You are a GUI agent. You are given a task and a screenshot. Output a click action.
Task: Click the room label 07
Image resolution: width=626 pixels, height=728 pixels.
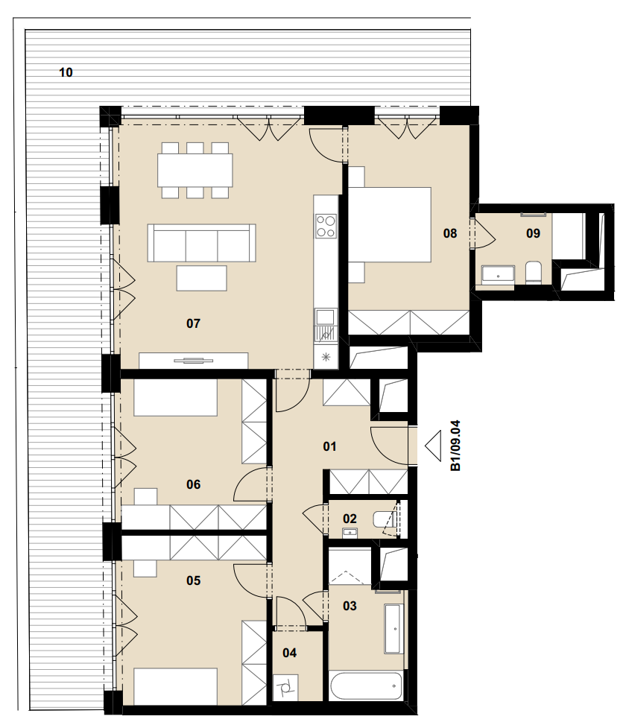point(193,323)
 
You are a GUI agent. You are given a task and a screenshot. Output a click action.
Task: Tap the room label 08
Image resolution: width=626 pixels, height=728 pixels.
point(449,233)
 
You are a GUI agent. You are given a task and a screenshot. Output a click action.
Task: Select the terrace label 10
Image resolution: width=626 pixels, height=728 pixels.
point(66,72)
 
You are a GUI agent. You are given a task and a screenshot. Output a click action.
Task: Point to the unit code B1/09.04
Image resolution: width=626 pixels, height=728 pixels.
point(455,446)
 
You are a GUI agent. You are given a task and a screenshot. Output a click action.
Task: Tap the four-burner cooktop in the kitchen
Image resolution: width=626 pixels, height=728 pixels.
point(326,226)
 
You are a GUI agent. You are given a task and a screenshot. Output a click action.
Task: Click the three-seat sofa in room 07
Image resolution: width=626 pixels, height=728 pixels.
point(201,242)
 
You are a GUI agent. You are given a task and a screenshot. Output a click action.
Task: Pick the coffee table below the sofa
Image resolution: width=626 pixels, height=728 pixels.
point(201,278)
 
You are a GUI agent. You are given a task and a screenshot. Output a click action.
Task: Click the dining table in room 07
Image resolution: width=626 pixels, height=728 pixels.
point(195,170)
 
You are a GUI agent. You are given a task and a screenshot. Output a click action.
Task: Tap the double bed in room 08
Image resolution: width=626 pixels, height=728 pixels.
point(390,225)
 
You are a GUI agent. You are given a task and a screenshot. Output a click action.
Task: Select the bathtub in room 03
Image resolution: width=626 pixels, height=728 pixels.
point(365,686)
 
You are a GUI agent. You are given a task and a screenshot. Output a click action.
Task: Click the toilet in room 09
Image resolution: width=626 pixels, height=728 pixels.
point(533,272)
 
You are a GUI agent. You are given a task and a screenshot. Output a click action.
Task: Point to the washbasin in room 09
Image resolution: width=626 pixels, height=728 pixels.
point(498,275)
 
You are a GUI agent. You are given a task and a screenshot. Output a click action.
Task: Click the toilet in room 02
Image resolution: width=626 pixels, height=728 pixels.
point(382,519)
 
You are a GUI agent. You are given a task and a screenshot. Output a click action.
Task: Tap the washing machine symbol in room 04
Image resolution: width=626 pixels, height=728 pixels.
point(285,689)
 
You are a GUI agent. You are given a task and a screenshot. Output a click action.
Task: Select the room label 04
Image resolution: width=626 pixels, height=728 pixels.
point(289,653)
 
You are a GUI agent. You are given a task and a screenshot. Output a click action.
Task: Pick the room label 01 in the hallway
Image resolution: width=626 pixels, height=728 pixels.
point(329,446)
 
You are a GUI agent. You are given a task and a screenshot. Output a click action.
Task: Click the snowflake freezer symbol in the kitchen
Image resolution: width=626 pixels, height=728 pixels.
point(326,357)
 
